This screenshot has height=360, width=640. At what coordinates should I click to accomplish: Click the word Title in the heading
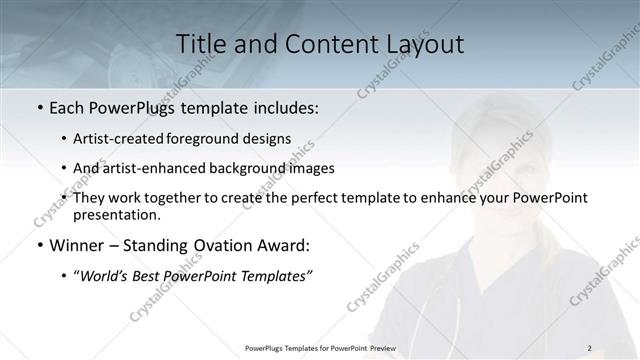pos(201,45)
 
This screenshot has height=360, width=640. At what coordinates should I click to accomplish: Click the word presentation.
pos(116,215)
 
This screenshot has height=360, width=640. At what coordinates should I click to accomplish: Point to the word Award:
pos(285,245)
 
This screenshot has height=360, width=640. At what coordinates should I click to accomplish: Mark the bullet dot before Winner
pos(39,245)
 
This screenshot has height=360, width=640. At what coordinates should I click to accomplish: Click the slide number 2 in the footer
pos(590,347)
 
